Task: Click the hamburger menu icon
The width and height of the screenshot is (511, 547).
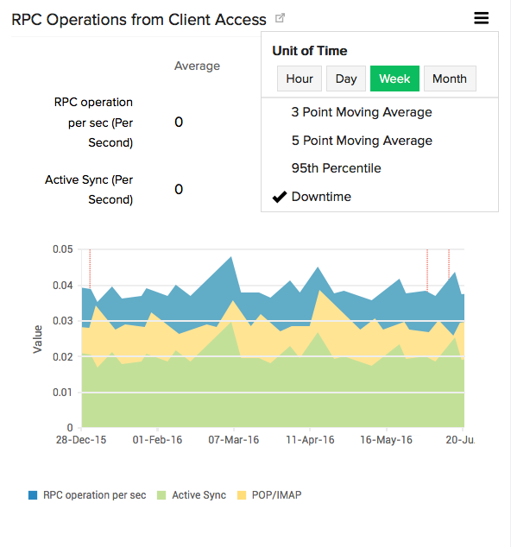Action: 482,17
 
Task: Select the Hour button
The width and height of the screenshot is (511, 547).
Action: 300,79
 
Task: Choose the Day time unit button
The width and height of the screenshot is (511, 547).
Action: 346,79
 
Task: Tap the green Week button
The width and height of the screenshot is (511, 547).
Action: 394,79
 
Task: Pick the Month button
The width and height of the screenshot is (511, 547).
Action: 450,79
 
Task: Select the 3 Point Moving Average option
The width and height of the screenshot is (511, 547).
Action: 362,112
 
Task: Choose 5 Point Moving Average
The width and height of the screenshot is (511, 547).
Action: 362,141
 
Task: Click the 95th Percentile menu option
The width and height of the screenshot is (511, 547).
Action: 336,168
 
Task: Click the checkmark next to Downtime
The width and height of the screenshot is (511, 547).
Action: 279,197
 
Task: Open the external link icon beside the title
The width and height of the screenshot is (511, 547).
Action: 280,18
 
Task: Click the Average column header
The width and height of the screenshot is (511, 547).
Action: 197,66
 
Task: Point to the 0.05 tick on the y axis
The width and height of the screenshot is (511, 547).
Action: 61,249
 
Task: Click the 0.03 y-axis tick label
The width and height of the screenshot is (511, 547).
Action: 61,321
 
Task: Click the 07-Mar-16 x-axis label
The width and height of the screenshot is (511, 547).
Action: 234,440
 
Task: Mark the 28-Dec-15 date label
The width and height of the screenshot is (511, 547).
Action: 82,440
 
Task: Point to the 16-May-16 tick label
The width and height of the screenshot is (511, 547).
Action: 386,440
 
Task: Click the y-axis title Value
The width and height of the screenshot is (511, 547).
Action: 38,338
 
